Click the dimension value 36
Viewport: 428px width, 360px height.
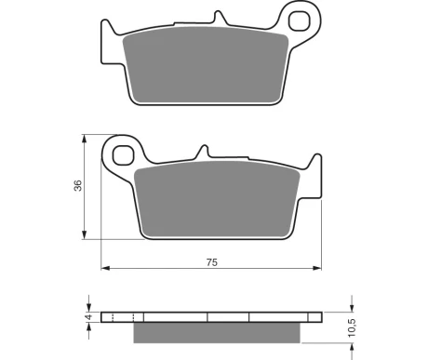[x=78, y=185]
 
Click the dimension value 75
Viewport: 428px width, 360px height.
[x=212, y=262]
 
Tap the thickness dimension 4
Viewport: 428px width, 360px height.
[x=89, y=317]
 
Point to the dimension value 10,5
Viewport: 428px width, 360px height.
[x=352, y=327]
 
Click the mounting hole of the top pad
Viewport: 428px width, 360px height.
[x=299, y=21]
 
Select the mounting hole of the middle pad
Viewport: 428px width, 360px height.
[x=123, y=155]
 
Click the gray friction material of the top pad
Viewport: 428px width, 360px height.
[x=206, y=65]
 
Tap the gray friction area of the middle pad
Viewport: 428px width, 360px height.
[x=217, y=199]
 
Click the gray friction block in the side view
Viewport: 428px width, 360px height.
[x=217, y=333]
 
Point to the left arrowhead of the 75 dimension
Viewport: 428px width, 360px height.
[x=105, y=268]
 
